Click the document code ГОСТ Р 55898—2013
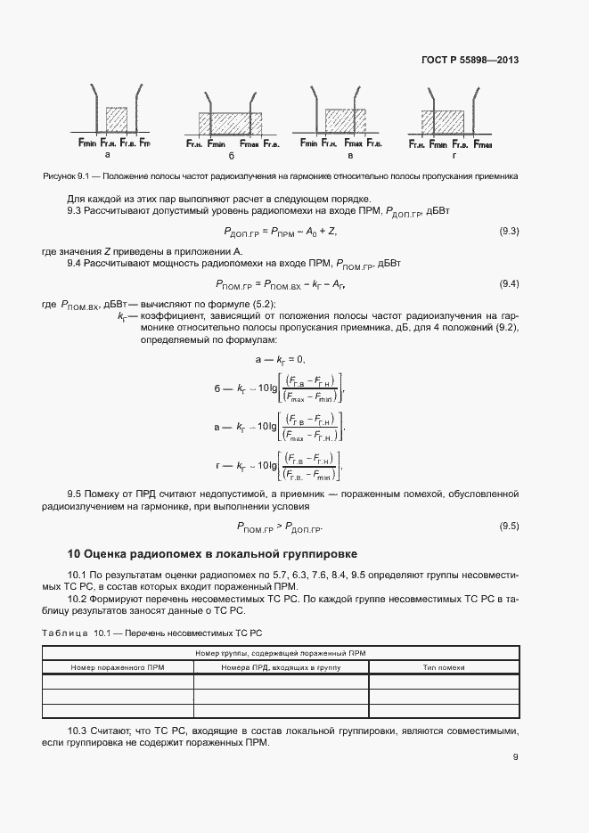click(470, 61)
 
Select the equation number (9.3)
click(509, 232)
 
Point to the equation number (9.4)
click(509, 284)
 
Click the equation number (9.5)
click(509, 526)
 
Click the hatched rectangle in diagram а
click(116, 120)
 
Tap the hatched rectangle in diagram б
click(229, 123)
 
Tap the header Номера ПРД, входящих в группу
click(282, 666)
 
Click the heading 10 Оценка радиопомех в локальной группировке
click(213, 554)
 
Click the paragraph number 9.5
click(75, 493)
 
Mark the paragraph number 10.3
click(78, 730)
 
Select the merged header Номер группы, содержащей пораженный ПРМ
click(281, 653)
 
